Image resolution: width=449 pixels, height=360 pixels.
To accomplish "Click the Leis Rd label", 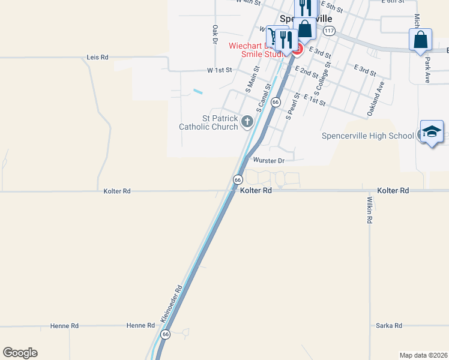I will pos(97,57).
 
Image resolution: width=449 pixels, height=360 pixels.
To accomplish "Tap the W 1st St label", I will pos(219,70).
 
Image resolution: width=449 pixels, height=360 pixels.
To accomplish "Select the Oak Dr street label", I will pos(214,34).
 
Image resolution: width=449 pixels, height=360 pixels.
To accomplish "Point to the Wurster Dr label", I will pos(268,161).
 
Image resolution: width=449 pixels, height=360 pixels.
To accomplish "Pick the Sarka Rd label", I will pos(388,326).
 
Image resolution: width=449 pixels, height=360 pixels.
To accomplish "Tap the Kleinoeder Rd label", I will pos(170,302).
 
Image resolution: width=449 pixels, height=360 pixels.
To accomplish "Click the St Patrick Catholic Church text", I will pos(208,122).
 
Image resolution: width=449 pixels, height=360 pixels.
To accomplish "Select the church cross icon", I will pos(247,122).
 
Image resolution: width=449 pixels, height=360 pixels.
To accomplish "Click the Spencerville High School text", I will pos(368,136).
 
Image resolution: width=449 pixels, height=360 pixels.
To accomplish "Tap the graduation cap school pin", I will pos(431,131).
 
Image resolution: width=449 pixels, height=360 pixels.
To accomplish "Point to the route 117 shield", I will pos(328,29).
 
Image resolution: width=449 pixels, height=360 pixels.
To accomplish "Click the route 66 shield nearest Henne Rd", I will pos(166,334).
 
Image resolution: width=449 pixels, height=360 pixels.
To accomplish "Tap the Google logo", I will pos(20,353).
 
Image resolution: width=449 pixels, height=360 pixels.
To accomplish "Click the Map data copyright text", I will pos(423,355).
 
